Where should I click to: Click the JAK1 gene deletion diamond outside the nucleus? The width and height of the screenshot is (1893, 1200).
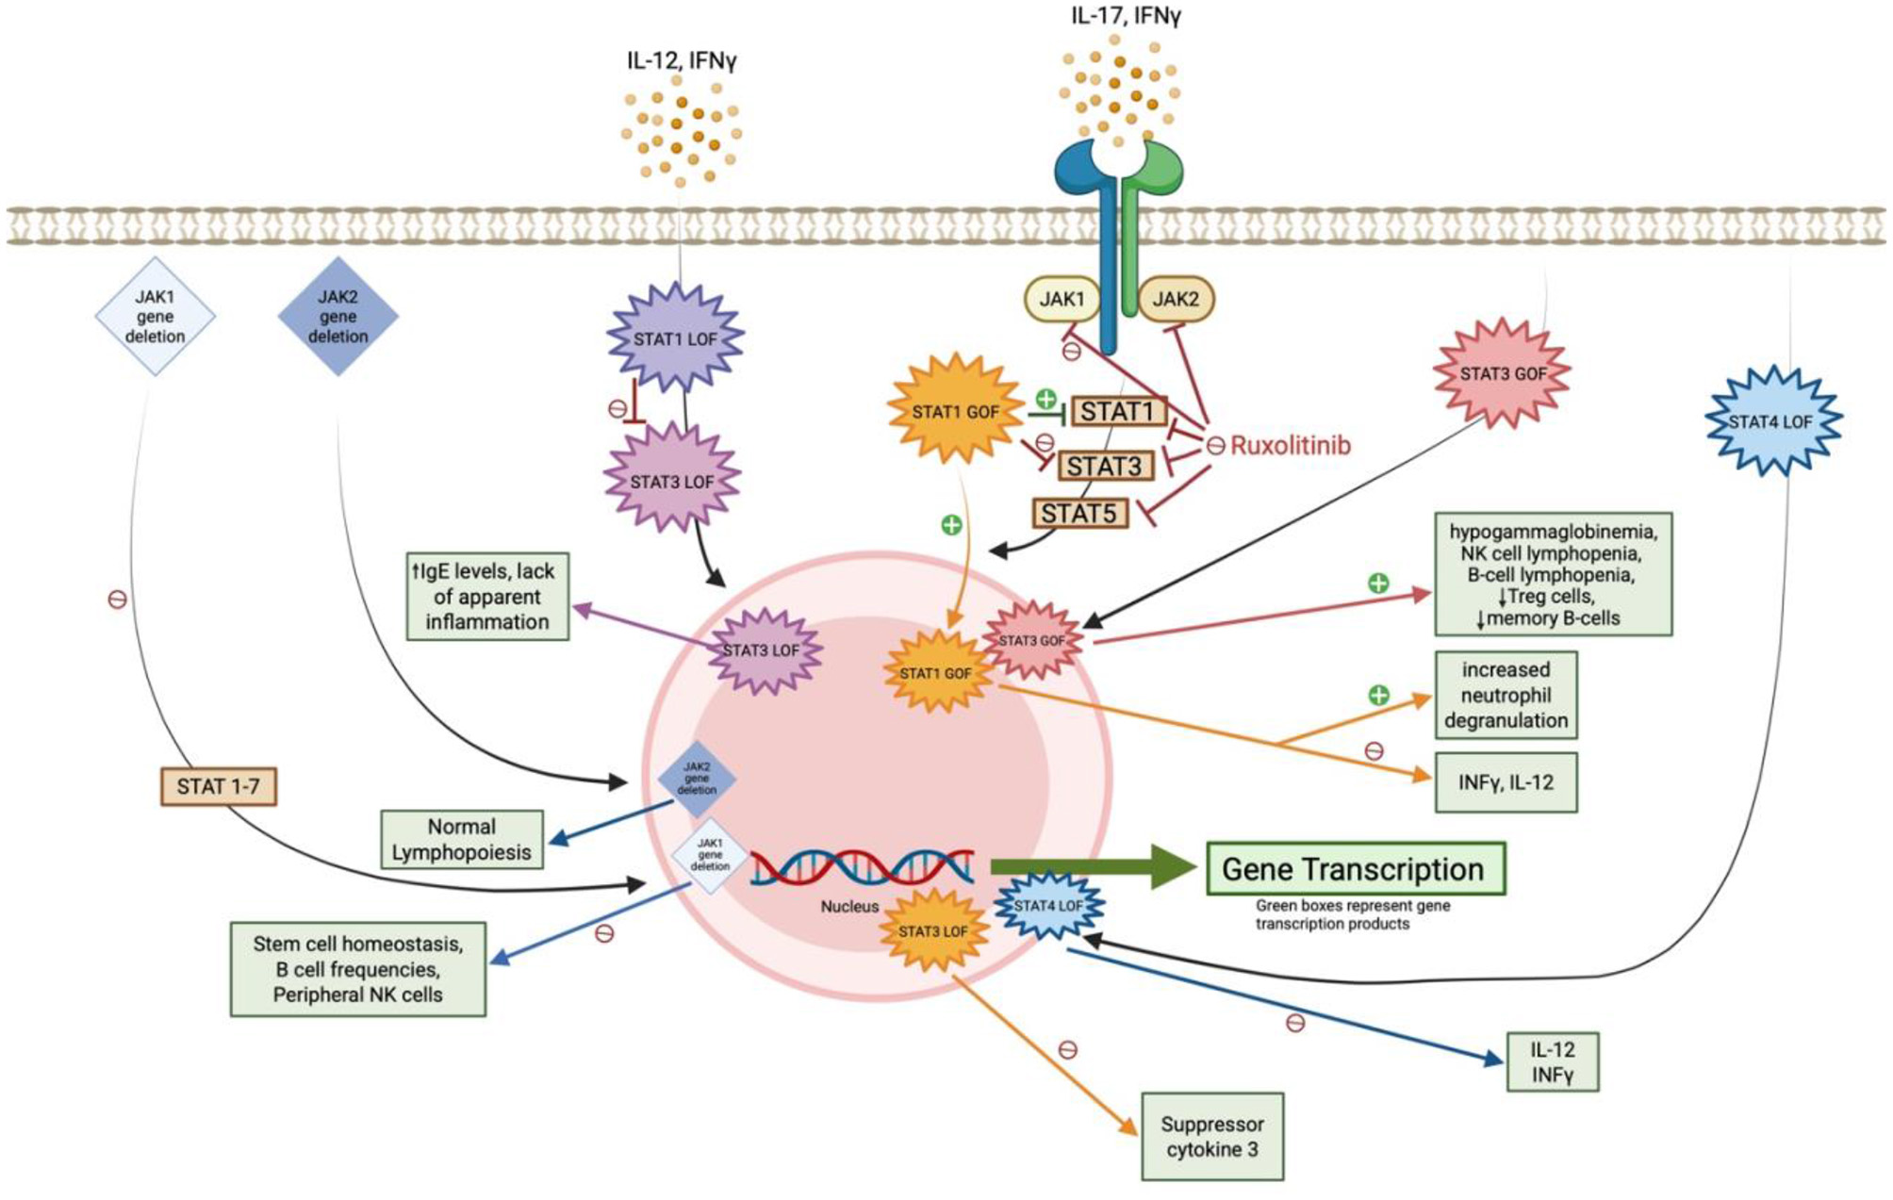coord(156,317)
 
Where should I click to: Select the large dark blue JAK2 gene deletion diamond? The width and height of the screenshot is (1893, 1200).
coord(337,317)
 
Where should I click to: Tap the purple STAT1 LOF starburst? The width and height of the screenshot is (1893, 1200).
coord(675,338)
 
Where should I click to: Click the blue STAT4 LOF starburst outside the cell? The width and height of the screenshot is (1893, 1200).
coord(1772,421)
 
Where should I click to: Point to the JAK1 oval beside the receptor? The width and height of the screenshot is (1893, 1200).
coord(1062,300)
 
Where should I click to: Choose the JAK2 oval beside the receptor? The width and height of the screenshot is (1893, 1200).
coord(1176,300)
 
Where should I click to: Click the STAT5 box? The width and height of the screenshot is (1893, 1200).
coord(1079,514)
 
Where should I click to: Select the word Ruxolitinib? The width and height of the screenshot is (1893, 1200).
coord(1290,445)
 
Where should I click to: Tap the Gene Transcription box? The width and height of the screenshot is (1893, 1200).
coord(1353,869)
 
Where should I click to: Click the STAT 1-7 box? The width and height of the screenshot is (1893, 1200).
coord(219,786)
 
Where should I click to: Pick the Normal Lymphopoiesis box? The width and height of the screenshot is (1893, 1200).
coord(462,839)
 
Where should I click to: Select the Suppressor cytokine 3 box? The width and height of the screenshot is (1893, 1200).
coord(1212,1137)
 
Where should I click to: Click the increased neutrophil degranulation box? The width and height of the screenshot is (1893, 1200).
coord(1506,695)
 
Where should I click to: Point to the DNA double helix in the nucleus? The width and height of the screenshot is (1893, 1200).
coord(862,867)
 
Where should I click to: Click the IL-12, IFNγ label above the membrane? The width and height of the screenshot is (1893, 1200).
coord(681,61)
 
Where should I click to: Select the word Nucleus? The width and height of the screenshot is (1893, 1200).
coord(848,907)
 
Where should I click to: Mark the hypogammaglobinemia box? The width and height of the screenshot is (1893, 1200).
coord(1553,574)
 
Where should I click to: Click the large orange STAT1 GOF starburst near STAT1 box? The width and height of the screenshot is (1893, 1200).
coord(955,411)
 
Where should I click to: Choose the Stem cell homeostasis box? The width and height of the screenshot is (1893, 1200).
coord(358,969)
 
